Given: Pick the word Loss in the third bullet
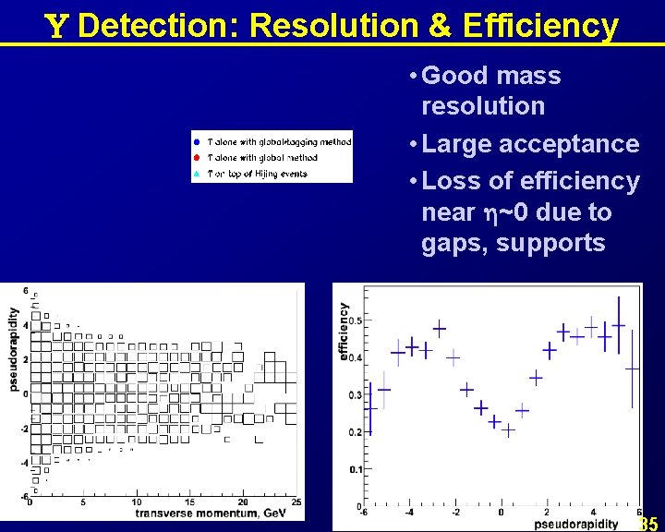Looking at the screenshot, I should point(451,181).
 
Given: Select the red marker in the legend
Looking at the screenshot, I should point(197,158).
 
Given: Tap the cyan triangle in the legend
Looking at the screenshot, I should point(197,173).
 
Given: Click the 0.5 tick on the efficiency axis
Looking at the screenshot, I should point(356,320).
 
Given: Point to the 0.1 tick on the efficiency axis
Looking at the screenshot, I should point(356,470).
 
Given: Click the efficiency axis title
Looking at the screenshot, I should point(344,332).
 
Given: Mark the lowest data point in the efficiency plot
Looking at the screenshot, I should point(508,429).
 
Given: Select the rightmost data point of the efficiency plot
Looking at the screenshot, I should point(633,369).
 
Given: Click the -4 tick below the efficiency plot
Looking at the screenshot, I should point(409,513).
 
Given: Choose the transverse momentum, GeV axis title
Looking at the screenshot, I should point(209,513).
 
